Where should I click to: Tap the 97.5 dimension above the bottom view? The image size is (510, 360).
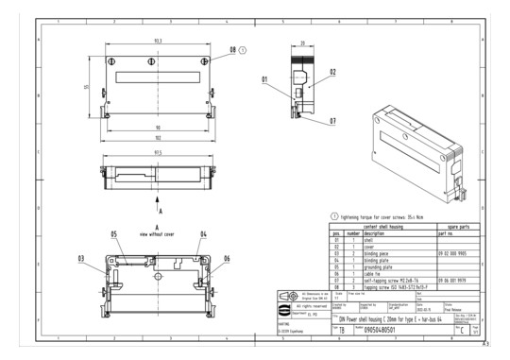[156, 151]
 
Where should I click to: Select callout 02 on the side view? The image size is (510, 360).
[332, 71]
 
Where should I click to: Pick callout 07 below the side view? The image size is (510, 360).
[332, 121]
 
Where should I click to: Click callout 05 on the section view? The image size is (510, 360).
[112, 233]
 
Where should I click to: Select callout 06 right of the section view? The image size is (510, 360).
[226, 257]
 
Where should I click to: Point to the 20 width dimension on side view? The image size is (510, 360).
[301, 43]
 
